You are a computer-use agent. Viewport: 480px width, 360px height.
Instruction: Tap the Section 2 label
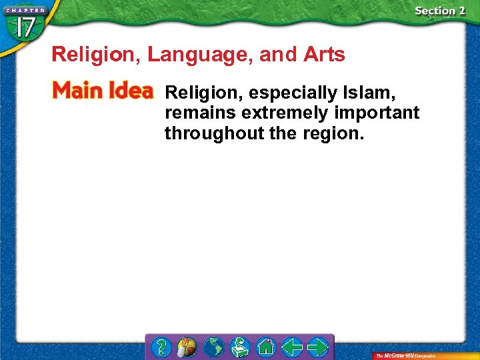[x=439, y=11]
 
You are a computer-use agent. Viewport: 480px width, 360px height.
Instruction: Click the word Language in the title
[x=201, y=55]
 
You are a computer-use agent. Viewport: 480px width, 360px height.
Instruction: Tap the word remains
[x=196, y=112]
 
